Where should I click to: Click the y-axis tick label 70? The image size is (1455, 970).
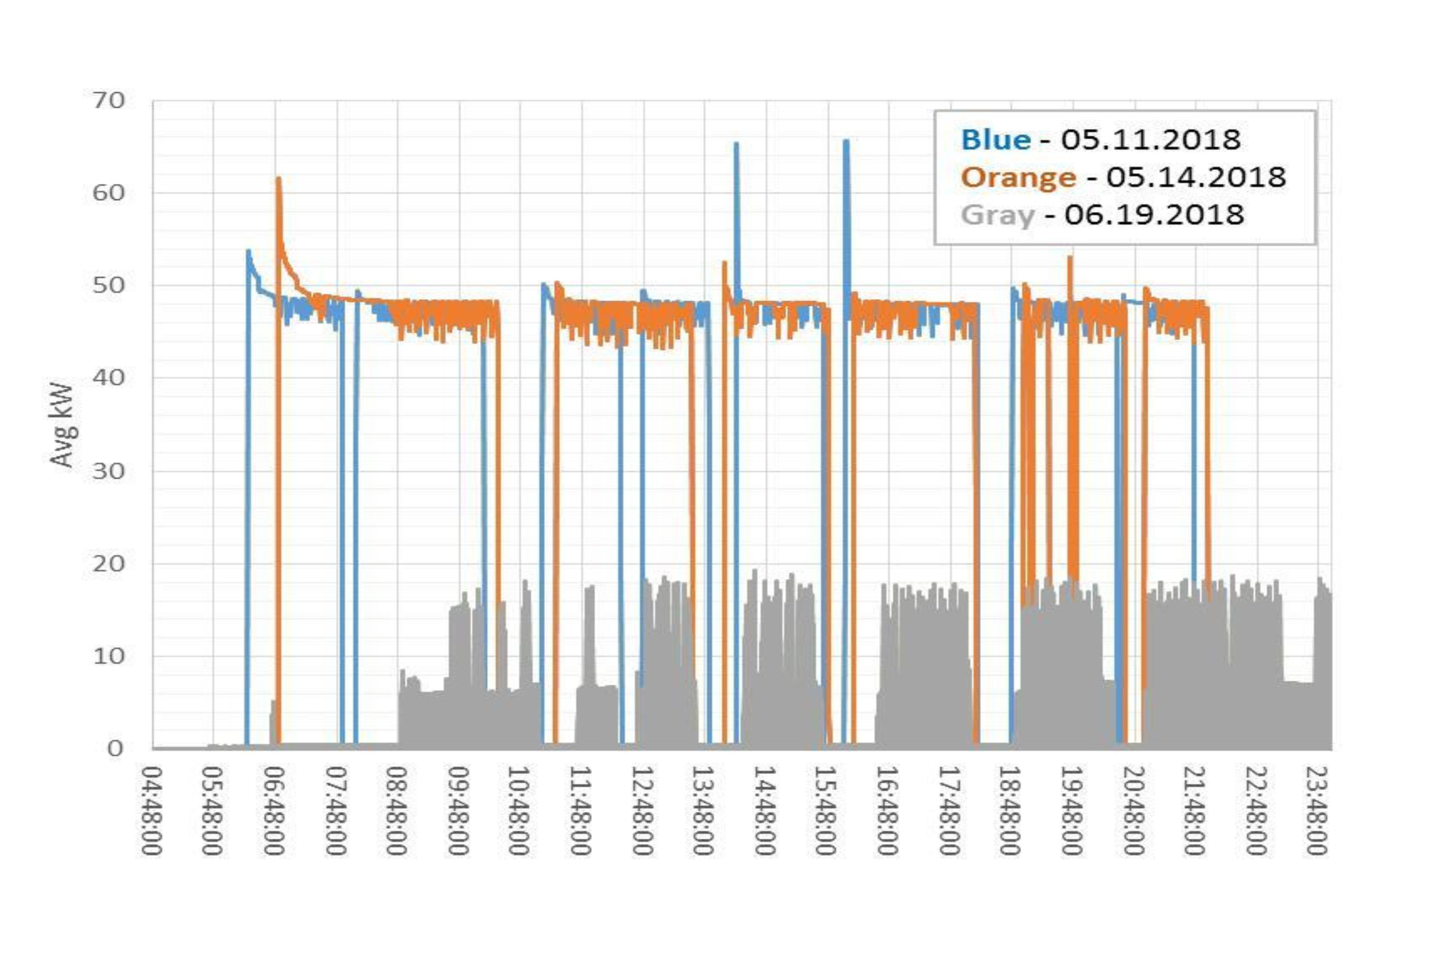[108, 100]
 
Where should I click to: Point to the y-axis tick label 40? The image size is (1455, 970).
[108, 378]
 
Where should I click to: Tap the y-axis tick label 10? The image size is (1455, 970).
[108, 656]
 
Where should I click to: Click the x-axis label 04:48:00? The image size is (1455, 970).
[152, 811]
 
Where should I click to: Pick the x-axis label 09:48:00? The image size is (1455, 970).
[459, 811]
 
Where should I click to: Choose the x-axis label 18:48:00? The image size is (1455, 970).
[1010, 811]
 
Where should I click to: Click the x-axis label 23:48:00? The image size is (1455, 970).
[1317, 811]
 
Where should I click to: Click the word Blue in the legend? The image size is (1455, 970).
[996, 139]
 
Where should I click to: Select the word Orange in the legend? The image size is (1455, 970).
[1019, 177]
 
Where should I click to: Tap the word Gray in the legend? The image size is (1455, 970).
[998, 215]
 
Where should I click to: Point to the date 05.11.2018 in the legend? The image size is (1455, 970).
[1151, 139]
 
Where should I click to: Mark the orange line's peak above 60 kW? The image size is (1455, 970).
[278, 179]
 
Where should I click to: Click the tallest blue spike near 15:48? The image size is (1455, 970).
[846, 141]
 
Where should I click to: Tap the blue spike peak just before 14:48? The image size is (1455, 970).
[736, 144]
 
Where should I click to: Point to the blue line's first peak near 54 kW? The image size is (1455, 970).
[248, 251]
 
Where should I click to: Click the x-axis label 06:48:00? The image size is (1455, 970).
[275, 811]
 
